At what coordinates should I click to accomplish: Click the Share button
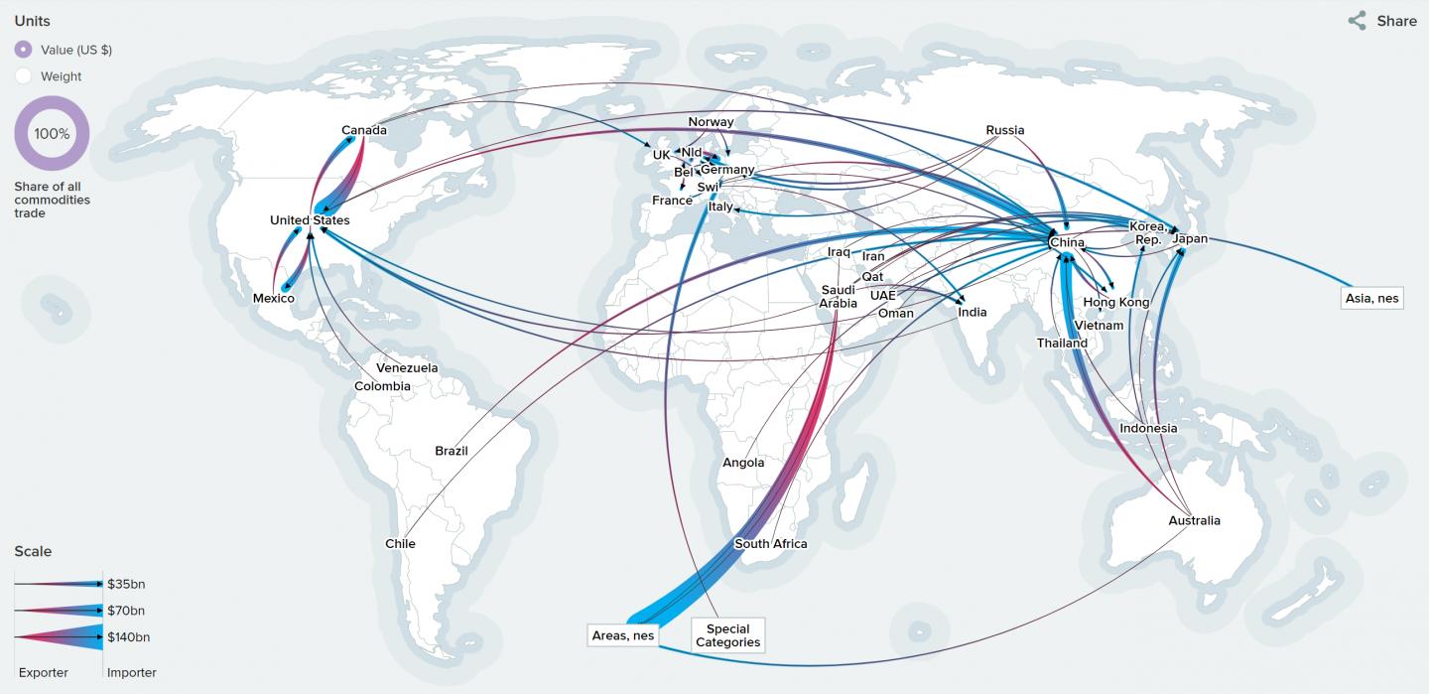pos(1382,21)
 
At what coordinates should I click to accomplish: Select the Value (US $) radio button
pos(24,50)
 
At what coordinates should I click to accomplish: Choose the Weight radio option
pos(24,76)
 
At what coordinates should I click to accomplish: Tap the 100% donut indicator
pos(52,134)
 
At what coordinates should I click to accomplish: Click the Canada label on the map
pos(364,130)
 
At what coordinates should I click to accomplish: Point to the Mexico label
pos(274,298)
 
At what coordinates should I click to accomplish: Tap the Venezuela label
pos(407,368)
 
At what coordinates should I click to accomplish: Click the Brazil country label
pos(452,451)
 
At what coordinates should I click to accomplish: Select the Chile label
pos(401,543)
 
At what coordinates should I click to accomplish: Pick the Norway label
pos(711,122)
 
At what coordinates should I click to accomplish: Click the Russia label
pos(1005,130)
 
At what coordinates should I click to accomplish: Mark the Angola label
pos(743,463)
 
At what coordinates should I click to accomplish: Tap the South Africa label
pos(771,544)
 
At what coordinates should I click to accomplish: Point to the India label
pos(973,312)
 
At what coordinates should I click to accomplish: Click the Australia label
pos(1195,520)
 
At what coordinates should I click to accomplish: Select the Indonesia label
pos(1148,429)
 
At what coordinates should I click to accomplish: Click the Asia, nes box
pos(1371,298)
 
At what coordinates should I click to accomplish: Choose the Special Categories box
pos(728,635)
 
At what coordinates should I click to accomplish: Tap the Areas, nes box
pos(623,635)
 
